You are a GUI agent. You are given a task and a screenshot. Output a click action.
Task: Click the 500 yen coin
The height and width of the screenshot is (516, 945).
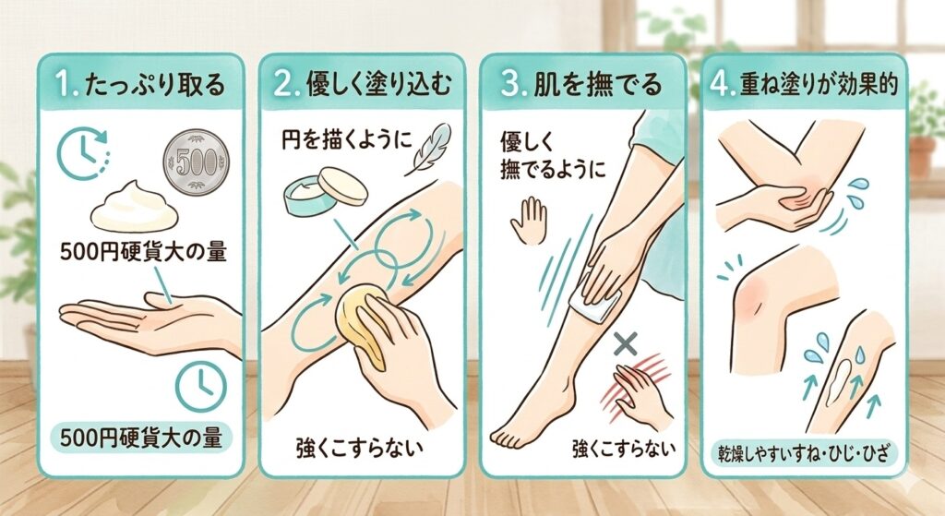point(197,162)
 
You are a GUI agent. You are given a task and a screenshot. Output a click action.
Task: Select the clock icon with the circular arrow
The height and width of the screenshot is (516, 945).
point(83,154)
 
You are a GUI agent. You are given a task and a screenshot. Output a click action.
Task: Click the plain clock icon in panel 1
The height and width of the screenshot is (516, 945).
point(200,387)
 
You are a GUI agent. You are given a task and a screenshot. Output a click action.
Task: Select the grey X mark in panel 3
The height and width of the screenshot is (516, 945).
point(626,343)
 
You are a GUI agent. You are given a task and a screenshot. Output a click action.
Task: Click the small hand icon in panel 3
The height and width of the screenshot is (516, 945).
point(529,221)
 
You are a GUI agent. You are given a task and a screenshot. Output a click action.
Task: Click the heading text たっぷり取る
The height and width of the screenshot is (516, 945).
point(155,85)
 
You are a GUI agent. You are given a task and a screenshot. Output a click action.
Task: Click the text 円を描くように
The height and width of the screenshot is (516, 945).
point(347,140)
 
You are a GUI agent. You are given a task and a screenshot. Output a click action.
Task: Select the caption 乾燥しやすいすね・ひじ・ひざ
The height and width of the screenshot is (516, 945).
point(804,452)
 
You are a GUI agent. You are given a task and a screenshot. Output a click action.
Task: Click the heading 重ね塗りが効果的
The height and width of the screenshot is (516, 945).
point(819,84)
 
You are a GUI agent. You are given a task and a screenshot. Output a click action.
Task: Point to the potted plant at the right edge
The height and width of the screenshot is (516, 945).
point(927,129)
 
